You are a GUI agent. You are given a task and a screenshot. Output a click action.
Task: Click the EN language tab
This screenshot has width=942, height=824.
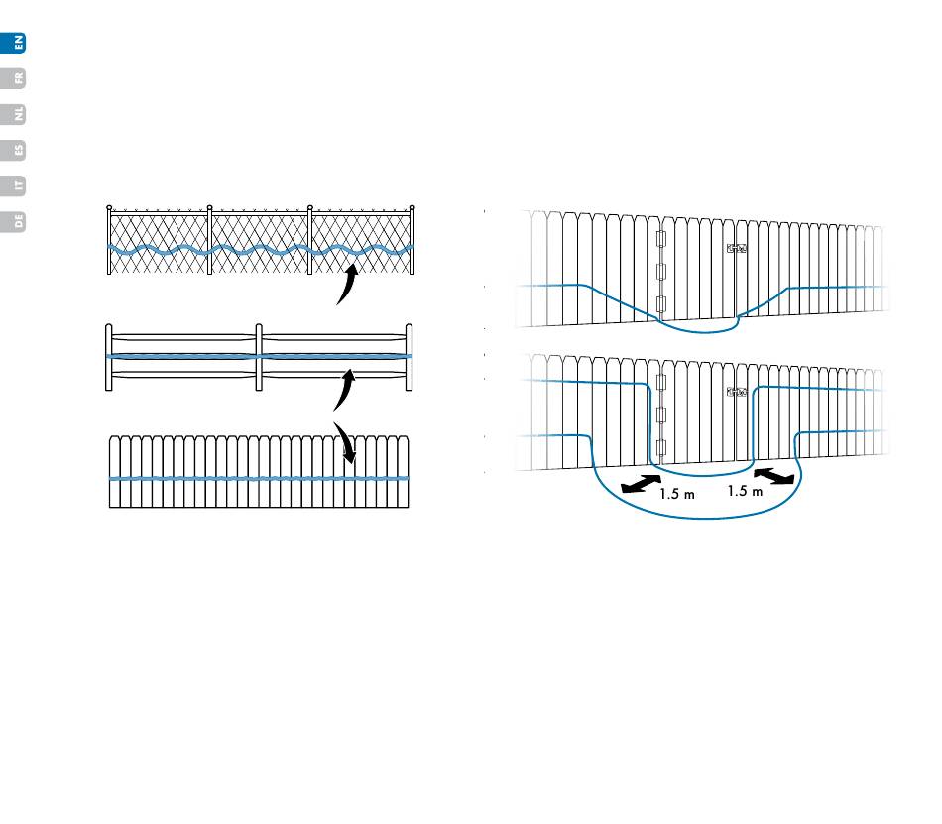pos(17,42)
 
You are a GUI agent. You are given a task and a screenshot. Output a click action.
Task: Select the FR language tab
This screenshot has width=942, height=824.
pos(17,77)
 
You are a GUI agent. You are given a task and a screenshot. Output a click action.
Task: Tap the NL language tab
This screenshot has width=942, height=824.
pos(17,114)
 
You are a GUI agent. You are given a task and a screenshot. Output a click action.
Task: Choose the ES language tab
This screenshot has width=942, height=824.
pos(17,150)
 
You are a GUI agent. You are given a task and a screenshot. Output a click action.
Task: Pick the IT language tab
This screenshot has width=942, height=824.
pos(17,185)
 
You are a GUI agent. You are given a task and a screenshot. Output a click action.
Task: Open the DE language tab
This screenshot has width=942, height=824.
pos(17,221)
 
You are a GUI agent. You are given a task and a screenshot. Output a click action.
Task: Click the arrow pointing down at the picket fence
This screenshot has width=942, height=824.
pos(344,441)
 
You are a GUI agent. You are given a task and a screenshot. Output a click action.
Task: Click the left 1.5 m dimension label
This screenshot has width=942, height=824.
pos(676,495)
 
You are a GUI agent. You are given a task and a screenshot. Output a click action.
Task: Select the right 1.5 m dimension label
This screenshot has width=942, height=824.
pos(744,491)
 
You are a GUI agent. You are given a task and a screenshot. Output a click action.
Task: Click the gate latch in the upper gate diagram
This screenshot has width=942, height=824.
pos(736,250)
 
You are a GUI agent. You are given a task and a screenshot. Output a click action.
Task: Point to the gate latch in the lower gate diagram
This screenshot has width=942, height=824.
pos(736,393)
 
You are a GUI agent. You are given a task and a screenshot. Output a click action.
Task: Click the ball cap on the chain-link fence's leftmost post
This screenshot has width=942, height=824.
pos(110,208)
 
